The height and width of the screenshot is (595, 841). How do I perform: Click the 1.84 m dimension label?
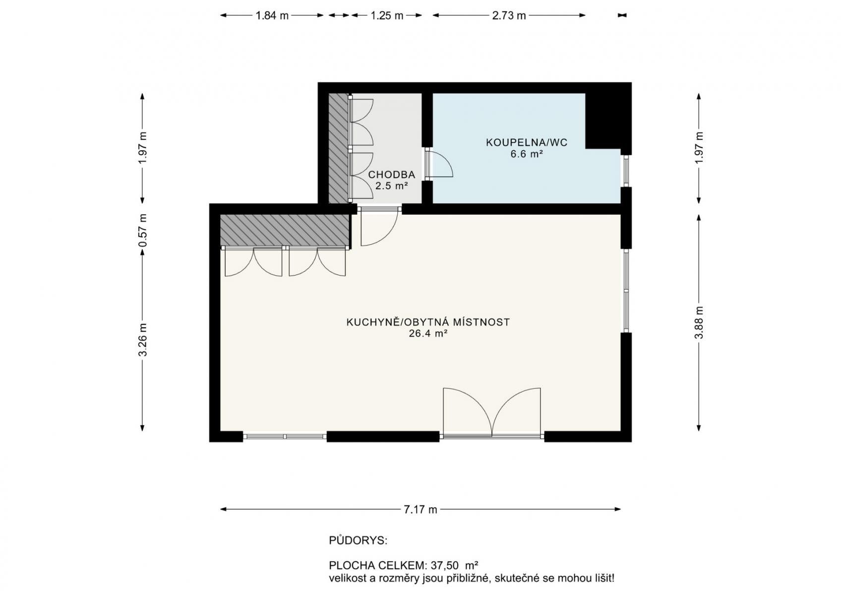(x=272, y=15)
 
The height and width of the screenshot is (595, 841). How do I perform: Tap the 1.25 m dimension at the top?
(x=387, y=15)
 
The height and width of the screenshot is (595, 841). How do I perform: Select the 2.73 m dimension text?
(x=509, y=15)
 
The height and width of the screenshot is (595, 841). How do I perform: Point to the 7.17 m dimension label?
(x=420, y=509)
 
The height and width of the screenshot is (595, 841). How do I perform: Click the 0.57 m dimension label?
(x=143, y=231)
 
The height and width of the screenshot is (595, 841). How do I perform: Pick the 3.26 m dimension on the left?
(x=143, y=339)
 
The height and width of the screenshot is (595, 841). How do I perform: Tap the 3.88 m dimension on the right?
(x=699, y=322)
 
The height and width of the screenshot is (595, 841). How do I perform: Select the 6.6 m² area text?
(x=526, y=154)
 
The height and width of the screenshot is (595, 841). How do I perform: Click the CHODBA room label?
(x=391, y=175)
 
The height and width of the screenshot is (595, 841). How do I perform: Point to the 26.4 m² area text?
(x=427, y=334)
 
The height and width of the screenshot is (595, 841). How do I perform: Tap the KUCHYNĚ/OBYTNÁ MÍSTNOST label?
(x=427, y=322)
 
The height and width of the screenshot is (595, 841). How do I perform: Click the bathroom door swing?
(x=439, y=164)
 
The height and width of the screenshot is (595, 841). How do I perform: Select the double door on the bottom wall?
(x=491, y=414)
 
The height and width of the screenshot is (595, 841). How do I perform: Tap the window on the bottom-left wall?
(x=285, y=437)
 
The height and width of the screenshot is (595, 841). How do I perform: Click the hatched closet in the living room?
(x=285, y=230)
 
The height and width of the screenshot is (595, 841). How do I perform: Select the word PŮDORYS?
(x=358, y=540)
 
